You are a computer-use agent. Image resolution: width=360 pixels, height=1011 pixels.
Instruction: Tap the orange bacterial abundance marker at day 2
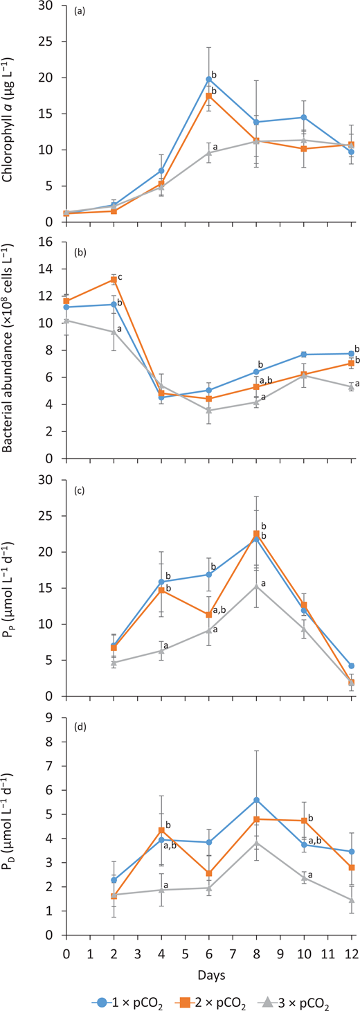tap(114, 280)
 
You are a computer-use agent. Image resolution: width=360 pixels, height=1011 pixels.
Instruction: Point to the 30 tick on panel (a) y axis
tap(51, 6)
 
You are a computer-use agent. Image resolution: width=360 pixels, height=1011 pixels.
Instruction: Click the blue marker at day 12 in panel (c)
tap(351, 665)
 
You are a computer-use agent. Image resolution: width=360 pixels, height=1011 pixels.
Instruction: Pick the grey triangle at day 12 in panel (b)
tap(351, 387)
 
